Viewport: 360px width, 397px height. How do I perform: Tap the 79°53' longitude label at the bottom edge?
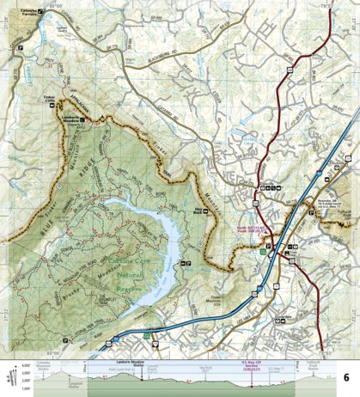pyautogui.click(x=320, y=328)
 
